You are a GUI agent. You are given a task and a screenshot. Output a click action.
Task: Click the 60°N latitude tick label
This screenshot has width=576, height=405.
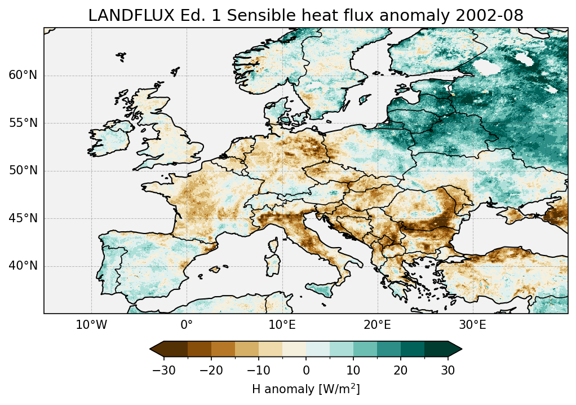23,76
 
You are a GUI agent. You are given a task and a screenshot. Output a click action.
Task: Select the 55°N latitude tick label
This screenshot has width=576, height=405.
23,123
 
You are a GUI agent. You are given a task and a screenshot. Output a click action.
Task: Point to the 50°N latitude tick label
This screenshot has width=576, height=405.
23,171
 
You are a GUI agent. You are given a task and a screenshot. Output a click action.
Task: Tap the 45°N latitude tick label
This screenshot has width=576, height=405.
23,218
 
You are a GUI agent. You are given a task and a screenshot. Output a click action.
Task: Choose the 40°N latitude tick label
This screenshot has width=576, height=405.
23,266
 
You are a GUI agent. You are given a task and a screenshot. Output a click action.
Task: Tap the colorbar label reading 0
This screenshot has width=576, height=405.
306,370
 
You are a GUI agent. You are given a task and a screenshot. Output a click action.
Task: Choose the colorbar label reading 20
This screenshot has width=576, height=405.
401,370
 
